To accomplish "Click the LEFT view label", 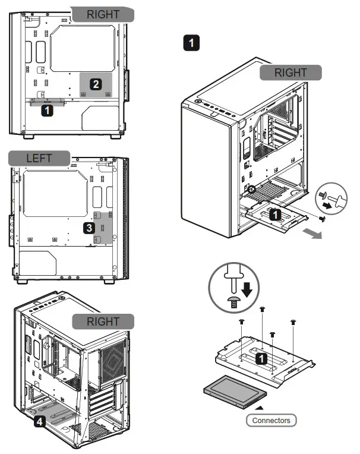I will tap(39, 159).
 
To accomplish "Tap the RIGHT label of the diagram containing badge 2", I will tap(103, 15).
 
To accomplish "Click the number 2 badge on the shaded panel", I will tap(94, 84).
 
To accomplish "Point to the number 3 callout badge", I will tap(88, 228).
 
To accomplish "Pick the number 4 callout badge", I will tap(39, 422).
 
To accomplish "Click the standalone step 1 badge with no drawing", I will tap(191, 42).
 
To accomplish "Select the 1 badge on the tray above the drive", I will tap(260, 358).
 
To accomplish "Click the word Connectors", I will tap(271, 420).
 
